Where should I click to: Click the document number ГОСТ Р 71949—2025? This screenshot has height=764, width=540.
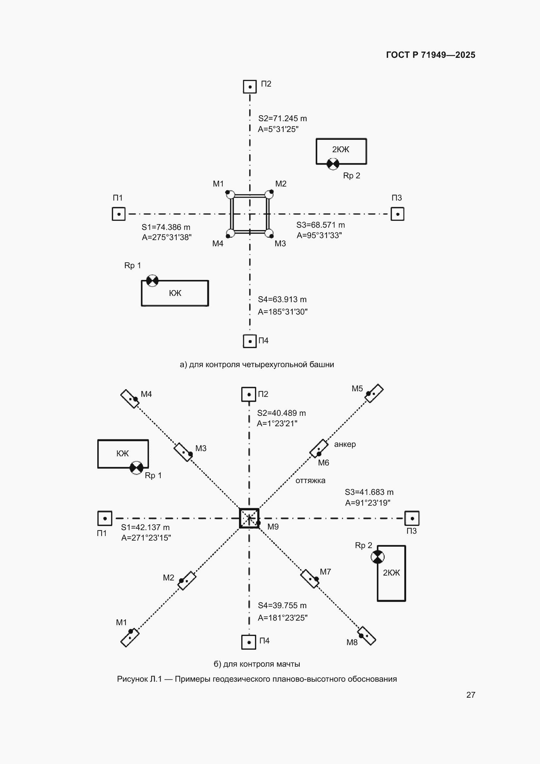click(431, 55)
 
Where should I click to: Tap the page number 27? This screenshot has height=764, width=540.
click(470, 695)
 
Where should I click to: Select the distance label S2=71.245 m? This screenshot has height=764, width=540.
click(283, 119)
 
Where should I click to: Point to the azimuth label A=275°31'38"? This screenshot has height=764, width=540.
click(167, 237)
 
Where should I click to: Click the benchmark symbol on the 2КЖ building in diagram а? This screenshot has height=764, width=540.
click(333, 164)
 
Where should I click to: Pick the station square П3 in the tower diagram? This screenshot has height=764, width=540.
click(397, 214)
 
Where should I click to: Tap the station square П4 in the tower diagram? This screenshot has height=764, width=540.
click(250, 341)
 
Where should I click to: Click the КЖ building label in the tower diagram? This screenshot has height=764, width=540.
click(175, 293)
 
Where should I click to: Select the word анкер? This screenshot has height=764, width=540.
click(345, 444)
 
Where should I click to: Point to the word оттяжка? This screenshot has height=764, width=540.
click(310, 480)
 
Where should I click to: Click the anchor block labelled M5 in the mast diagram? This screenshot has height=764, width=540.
click(374, 393)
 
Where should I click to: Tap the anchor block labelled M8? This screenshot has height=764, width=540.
click(366, 636)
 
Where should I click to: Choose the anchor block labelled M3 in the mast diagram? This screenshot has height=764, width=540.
click(183, 452)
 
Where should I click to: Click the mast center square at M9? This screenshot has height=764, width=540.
click(249, 518)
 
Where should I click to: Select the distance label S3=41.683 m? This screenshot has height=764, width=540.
click(369, 492)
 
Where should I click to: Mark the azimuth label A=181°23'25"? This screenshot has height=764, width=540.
click(283, 618)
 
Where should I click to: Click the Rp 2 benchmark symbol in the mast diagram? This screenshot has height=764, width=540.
click(378, 557)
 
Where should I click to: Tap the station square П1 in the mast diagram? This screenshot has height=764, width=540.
click(105, 518)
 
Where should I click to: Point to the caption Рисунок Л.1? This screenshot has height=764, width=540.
click(139, 679)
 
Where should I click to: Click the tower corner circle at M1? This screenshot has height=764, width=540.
click(230, 195)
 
